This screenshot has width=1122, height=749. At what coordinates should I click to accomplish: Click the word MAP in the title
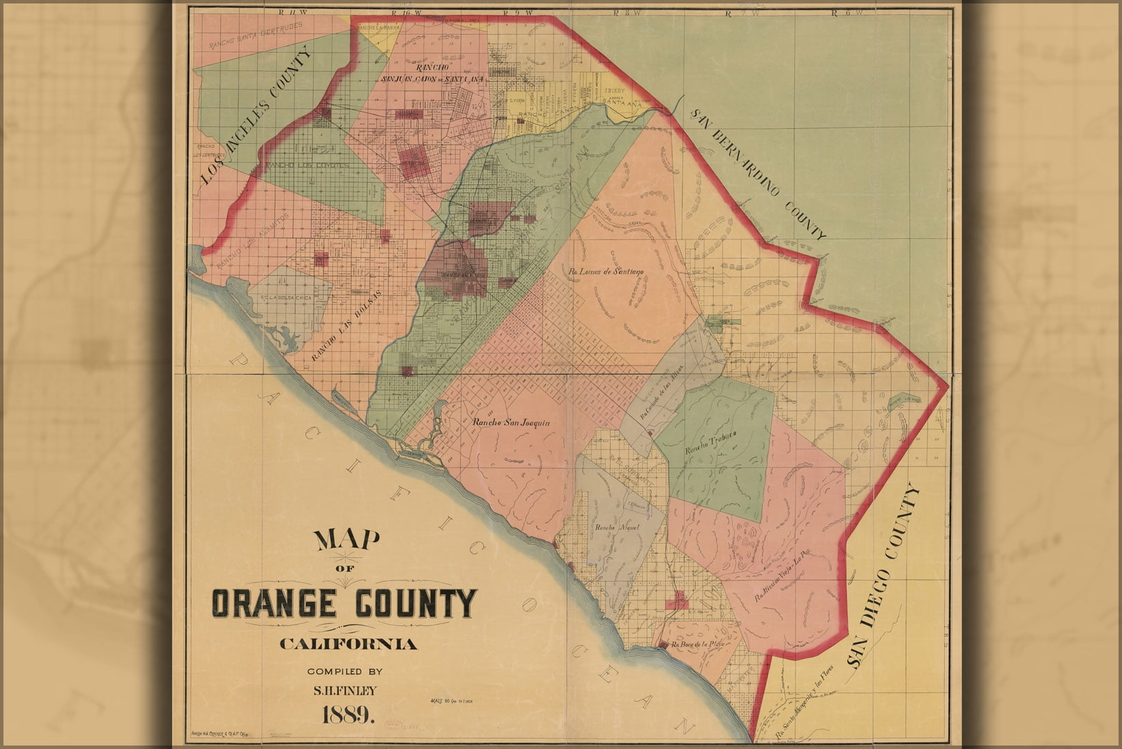click(346, 540)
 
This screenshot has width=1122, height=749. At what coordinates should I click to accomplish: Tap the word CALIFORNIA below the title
click(348, 644)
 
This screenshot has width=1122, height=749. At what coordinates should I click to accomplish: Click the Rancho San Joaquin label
click(511, 423)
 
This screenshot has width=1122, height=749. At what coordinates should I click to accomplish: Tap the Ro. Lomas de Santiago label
click(606, 271)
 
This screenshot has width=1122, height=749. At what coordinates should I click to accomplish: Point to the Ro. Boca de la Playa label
click(696, 644)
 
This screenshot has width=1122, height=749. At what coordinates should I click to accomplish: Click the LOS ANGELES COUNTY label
click(256, 117)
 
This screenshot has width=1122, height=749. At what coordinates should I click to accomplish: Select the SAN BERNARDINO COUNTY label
click(759, 173)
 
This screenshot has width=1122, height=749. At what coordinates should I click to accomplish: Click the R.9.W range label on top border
click(511, 12)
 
